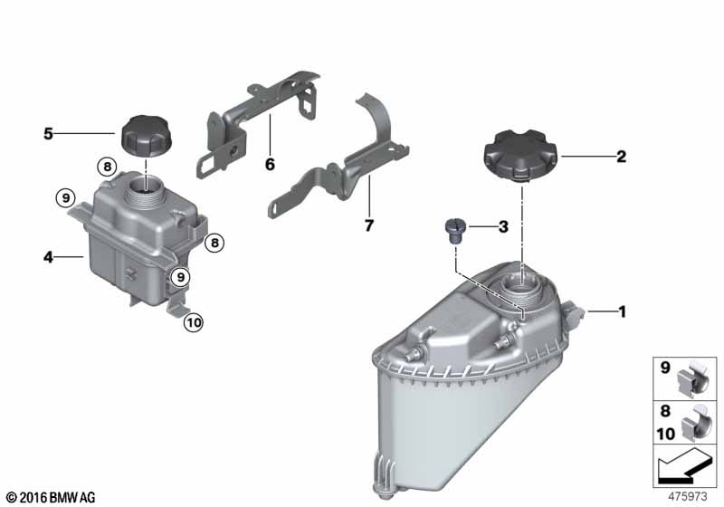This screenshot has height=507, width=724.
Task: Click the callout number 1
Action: pyautogui.click(x=623, y=311)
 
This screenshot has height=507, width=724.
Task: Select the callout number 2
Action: pyautogui.click(x=622, y=157)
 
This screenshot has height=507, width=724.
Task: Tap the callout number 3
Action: pyautogui.click(x=503, y=226)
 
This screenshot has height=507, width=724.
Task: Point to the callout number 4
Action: pyautogui.click(x=49, y=257)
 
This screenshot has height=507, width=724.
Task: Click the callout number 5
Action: pyautogui.click(x=49, y=134)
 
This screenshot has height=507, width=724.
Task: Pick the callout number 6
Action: pyautogui.click(x=270, y=164)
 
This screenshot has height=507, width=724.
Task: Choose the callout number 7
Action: pyautogui.click(x=369, y=225)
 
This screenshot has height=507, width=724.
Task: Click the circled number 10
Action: pyautogui.click(x=194, y=322)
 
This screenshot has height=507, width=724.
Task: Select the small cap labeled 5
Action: pyautogui.click(x=146, y=132)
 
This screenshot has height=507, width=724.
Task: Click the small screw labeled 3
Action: pyautogui.click(x=454, y=232)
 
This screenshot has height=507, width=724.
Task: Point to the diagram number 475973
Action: pyautogui.click(x=688, y=497)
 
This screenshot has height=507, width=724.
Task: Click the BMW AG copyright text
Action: pyautogui.click(x=52, y=498)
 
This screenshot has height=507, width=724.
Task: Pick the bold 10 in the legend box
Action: pyautogui.click(x=666, y=434)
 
